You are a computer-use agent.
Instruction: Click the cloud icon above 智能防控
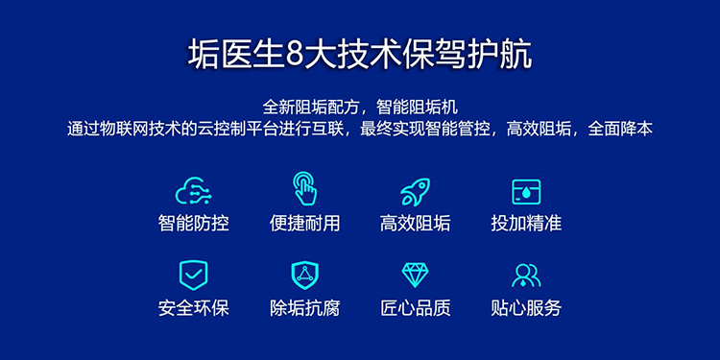(193, 191)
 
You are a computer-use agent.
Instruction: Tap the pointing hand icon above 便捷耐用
(305, 188)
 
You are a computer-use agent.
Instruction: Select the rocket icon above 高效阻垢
(415, 192)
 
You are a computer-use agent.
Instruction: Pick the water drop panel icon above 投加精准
(526, 192)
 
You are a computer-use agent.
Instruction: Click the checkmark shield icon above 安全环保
(193, 276)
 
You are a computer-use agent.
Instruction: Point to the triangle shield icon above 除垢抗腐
(305, 276)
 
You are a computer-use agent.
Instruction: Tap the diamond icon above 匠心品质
(415, 276)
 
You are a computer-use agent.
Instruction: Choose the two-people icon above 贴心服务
(526, 276)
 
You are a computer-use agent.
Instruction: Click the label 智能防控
(193, 224)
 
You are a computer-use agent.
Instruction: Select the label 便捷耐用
(305, 224)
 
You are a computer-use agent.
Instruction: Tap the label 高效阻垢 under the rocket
(415, 224)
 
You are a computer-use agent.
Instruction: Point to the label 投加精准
(526, 224)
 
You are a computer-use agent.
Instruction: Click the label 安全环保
(193, 308)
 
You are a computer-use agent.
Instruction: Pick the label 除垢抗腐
(305, 308)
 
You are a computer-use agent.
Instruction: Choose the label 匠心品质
(415, 308)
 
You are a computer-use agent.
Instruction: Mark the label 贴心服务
(526, 308)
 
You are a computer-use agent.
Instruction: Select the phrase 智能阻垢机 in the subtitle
(417, 108)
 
